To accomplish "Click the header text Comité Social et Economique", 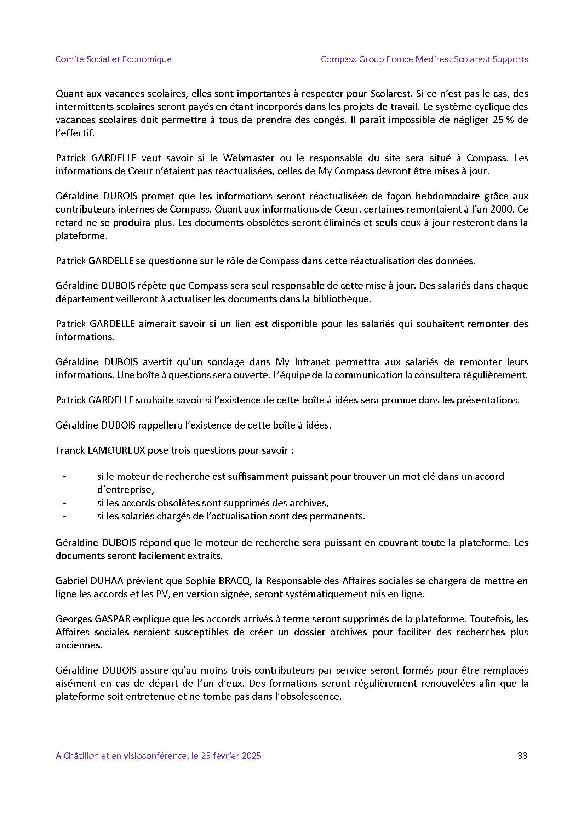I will pyautogui.click(x=113, y=59).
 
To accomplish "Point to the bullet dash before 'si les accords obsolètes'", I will pyautogui.click(x=64, y=502).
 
